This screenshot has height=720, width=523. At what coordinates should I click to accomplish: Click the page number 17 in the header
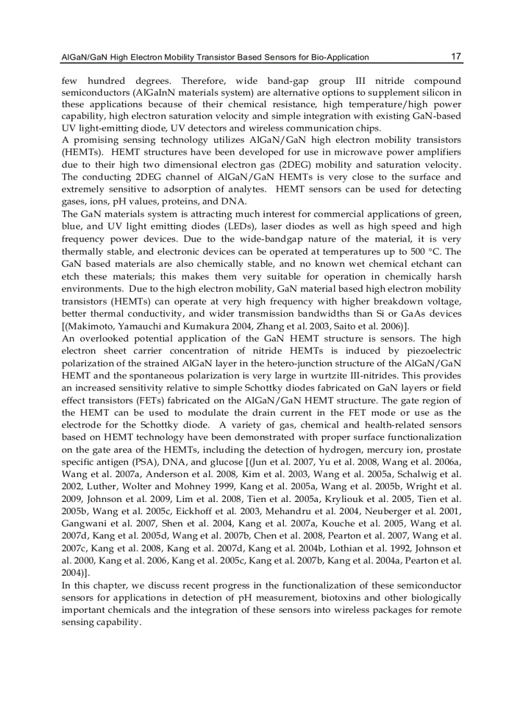[456, 56]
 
